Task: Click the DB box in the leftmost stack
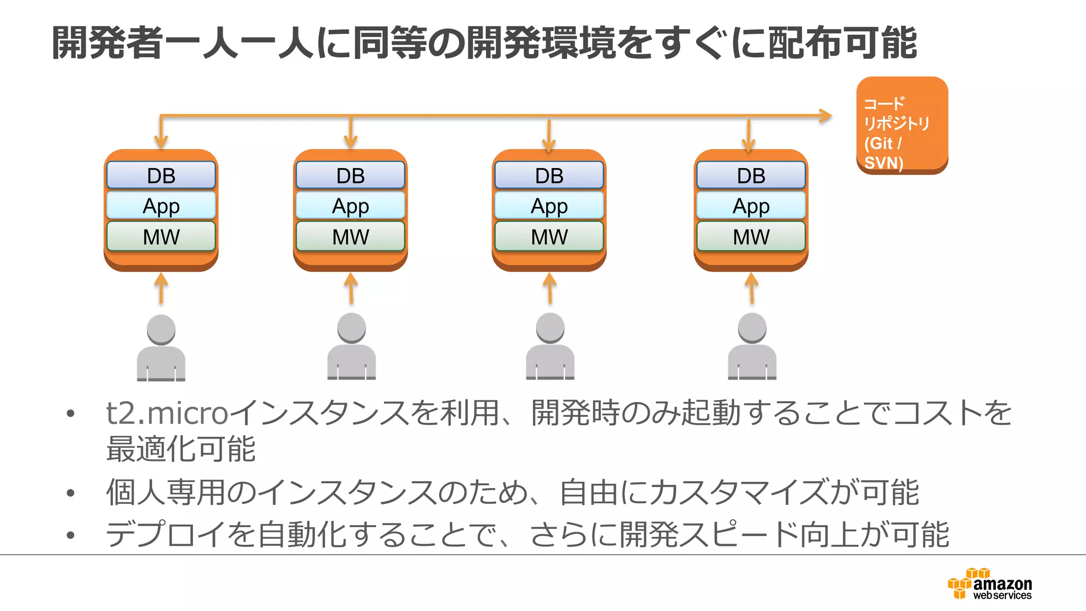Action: pyautogui.click(x=161, y=176)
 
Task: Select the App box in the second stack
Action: pyautogui.click(x=351, y=206)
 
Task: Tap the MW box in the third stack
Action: pyautogui.click(x=549, y=237)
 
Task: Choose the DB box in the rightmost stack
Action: pyautogui.click(x=751, y=176)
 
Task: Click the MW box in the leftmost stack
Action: pyautogui.click(x=161, y=237)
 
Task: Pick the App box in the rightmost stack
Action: pyautogui.click(x=751, y=206)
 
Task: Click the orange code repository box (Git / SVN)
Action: pyautogui.click(x=902, y=125)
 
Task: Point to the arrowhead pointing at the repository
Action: pyautogui.click(x=825, y=116)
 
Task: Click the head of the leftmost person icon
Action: pyautogui.click(x=161, y=329)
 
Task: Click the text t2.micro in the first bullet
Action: pyautogui.click(x=167, y=413)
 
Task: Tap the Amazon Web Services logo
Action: pyautogui.click(x=990, y=584)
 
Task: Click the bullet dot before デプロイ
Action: pyautogui.click(x=71, y=535)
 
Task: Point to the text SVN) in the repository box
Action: pyautogui.click(x=883, y=162)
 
